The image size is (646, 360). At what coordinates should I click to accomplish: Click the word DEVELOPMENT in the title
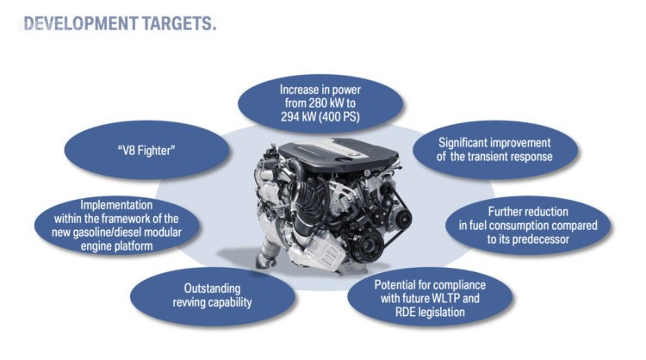tap(80, 23)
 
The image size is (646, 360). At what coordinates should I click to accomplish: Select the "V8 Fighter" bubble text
tap(146, 151)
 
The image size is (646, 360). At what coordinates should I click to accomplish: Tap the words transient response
tap(511, 157)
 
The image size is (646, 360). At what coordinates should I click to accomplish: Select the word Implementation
tap(116, 205)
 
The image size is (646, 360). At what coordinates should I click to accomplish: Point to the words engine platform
tap(116, 246)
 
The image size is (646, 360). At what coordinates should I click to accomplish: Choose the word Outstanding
tap(212, 289)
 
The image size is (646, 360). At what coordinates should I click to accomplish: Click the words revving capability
tap(212, 302)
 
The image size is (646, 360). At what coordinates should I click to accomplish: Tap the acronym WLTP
tap(449, 298)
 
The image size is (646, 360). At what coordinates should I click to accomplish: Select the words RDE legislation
tap(430, 313)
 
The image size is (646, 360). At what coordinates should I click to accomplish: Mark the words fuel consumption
tap(509, 226)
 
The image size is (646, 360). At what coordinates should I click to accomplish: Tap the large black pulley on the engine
tap(367, 245)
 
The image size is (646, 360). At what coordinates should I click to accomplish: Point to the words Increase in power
tap(320, 90)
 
